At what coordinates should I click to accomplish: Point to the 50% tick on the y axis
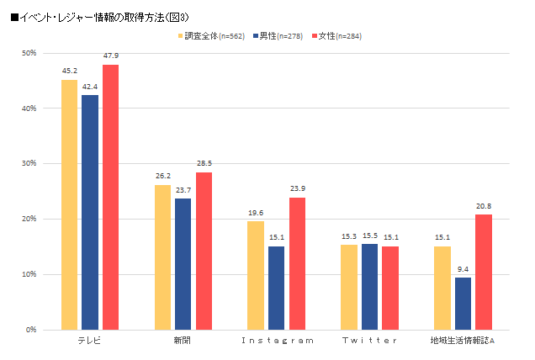(x=28, y=54)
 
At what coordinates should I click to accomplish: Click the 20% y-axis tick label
(x=28, y=220)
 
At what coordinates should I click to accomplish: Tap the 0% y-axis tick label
(x=29, y=330)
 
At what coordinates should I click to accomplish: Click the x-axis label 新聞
(x=183, y=340)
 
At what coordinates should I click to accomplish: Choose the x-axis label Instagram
(x=277, y=340)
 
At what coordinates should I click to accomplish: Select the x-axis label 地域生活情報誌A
(x=463, y=340)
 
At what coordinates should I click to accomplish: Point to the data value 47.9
(x=111, y=56)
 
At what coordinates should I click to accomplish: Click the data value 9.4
(x=463, y=269)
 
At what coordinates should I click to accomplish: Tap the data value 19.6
(x=256, y=213)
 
